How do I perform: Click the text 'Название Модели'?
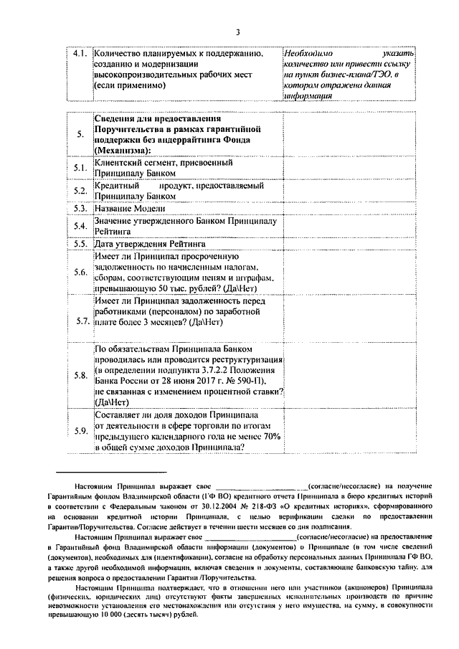pos(129,208)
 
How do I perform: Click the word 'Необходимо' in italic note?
pos(308,54)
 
